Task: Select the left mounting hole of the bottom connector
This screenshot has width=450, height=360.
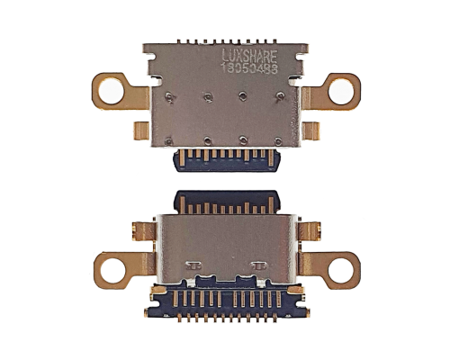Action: (x=111, y=267)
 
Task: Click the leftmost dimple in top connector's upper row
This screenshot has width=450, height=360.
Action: (x=170, y=93)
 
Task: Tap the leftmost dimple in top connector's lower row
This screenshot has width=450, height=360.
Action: (x=170, y=139)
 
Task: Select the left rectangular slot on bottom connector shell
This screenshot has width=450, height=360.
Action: (x=193, y=265)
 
